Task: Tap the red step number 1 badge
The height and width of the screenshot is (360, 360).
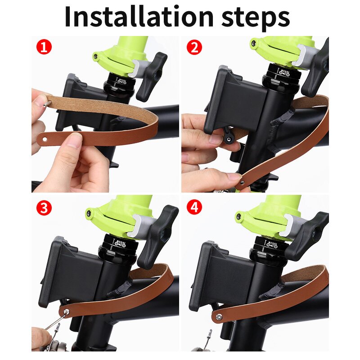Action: (44, 47)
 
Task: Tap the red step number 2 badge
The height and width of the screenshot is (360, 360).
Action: (194, 47)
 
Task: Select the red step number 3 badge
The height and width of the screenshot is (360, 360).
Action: (44, 207)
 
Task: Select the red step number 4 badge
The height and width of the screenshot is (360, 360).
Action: (194, 207)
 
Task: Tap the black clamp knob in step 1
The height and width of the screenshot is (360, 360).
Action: (152, 76)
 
